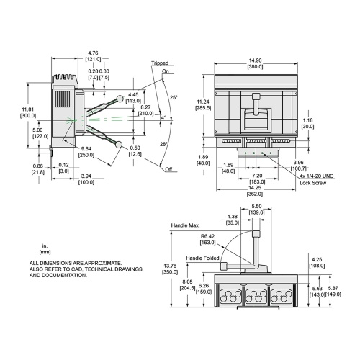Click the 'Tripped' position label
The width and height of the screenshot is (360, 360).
tap(160, 63)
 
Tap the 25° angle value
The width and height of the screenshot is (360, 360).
tap(174, 97)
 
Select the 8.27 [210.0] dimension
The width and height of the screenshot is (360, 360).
tap(146, 109)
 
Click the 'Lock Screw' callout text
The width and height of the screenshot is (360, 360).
tap(313, 184)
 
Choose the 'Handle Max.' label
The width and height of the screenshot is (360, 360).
tap(185, 225)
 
